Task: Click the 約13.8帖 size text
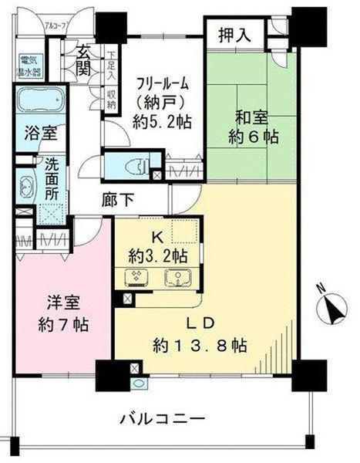(x=200, y=345)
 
